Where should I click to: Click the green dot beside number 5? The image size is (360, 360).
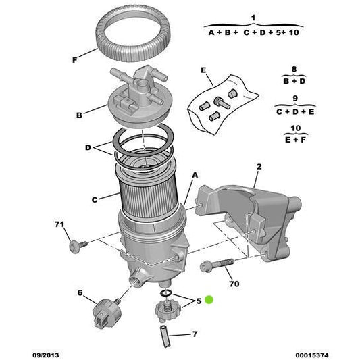click(210, 300)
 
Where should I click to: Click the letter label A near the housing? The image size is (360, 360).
click(195, 174)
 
